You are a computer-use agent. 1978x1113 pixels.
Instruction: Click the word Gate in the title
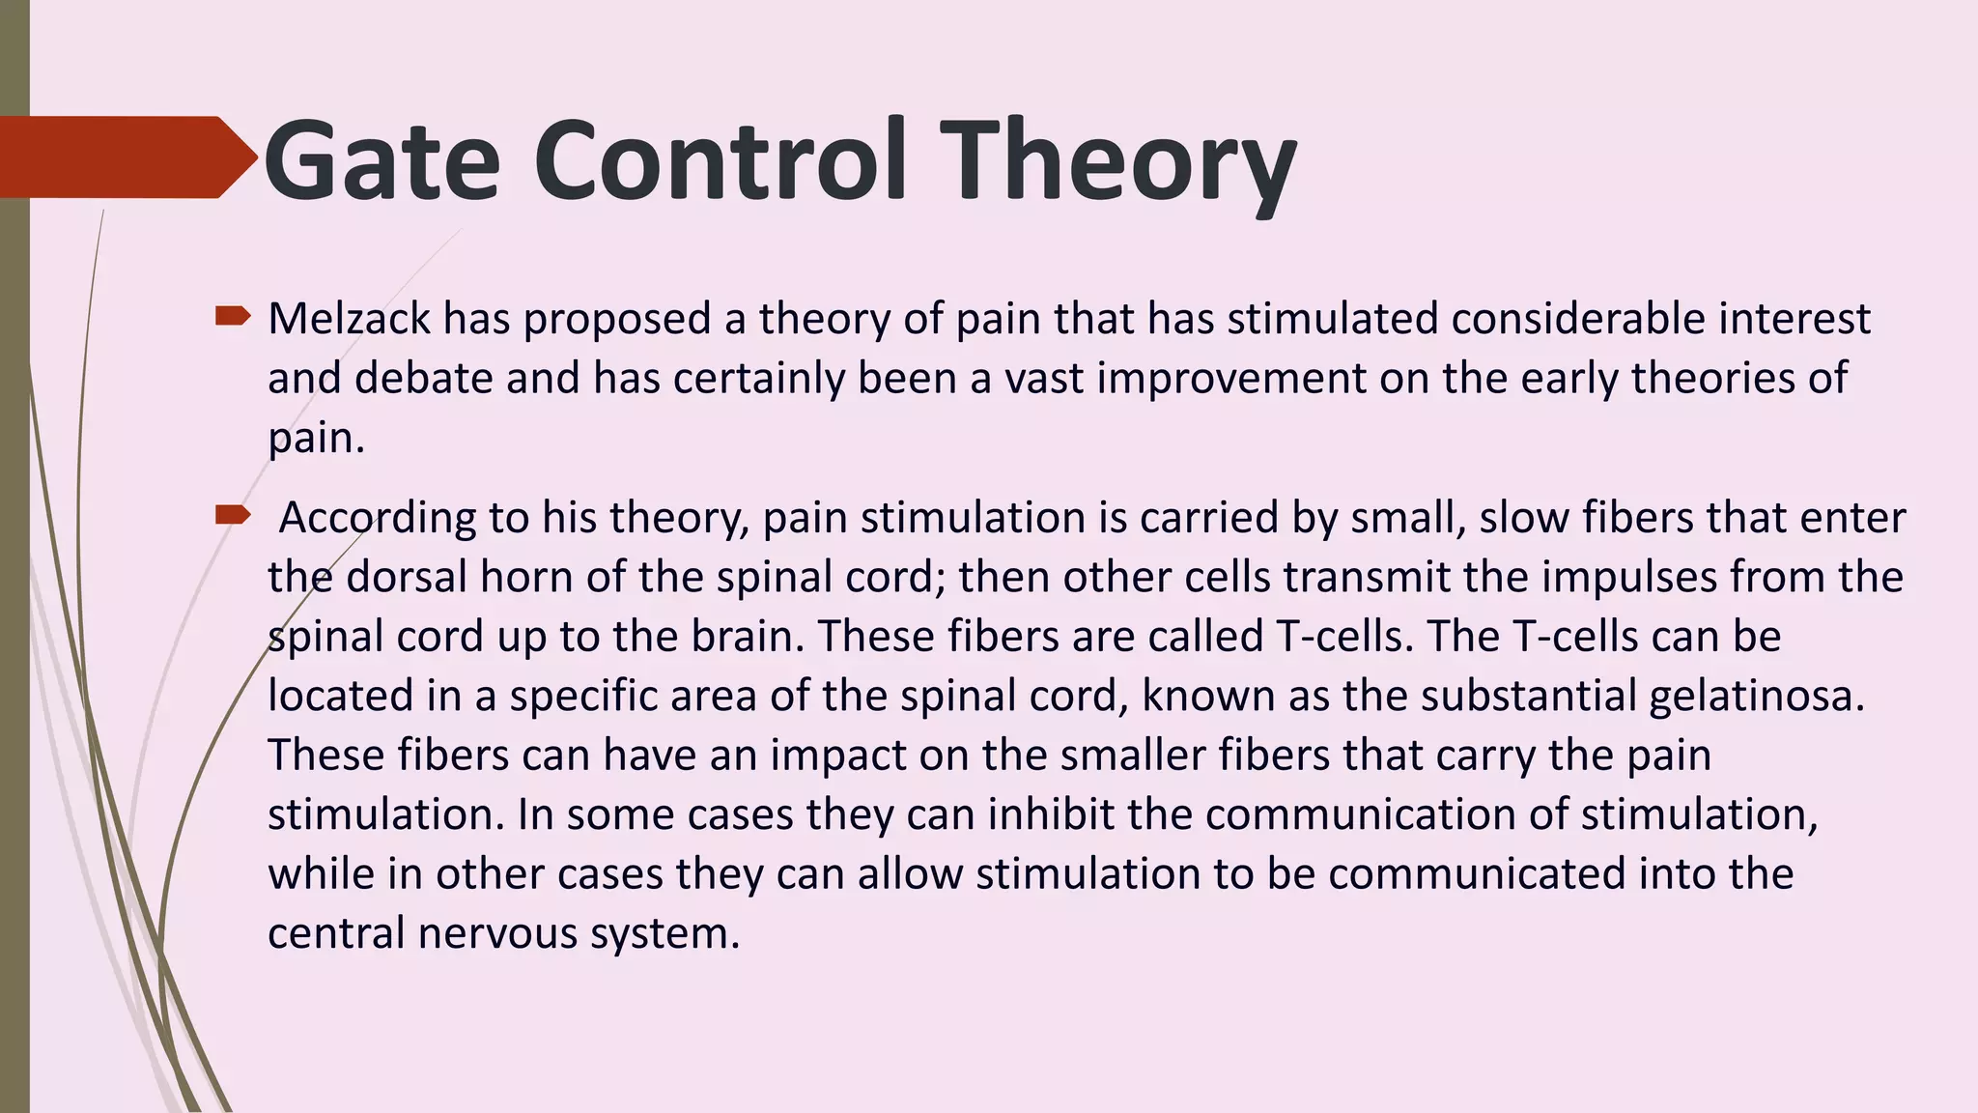coord(381,161)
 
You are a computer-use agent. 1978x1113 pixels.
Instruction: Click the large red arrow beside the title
coord(126,157)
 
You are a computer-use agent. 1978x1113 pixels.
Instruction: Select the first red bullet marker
coord(233,316)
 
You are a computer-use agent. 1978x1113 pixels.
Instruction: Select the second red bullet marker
coord(233,514)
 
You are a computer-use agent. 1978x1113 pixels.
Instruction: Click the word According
coord(378,518)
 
